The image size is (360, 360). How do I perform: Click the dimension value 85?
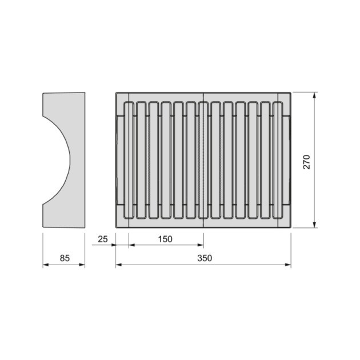[64, 258]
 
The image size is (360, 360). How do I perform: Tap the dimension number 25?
[103, 238]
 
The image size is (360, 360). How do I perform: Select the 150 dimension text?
[165, 238]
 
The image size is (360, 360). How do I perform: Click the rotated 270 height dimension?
[306, 161]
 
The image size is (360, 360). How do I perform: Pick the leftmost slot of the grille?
[129, 160]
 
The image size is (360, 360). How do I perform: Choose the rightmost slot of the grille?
[278, 160]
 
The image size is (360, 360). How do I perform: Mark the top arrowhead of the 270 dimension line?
[314, 95]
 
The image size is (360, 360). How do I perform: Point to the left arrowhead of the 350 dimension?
[118, 265]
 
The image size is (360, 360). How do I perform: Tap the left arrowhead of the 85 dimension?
[45, 265]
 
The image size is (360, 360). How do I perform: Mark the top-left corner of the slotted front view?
[116, 92]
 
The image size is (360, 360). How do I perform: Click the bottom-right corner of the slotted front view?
[290, 227]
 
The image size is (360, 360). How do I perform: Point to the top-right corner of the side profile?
[85, 93]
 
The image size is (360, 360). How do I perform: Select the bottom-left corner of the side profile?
[43, 227]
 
